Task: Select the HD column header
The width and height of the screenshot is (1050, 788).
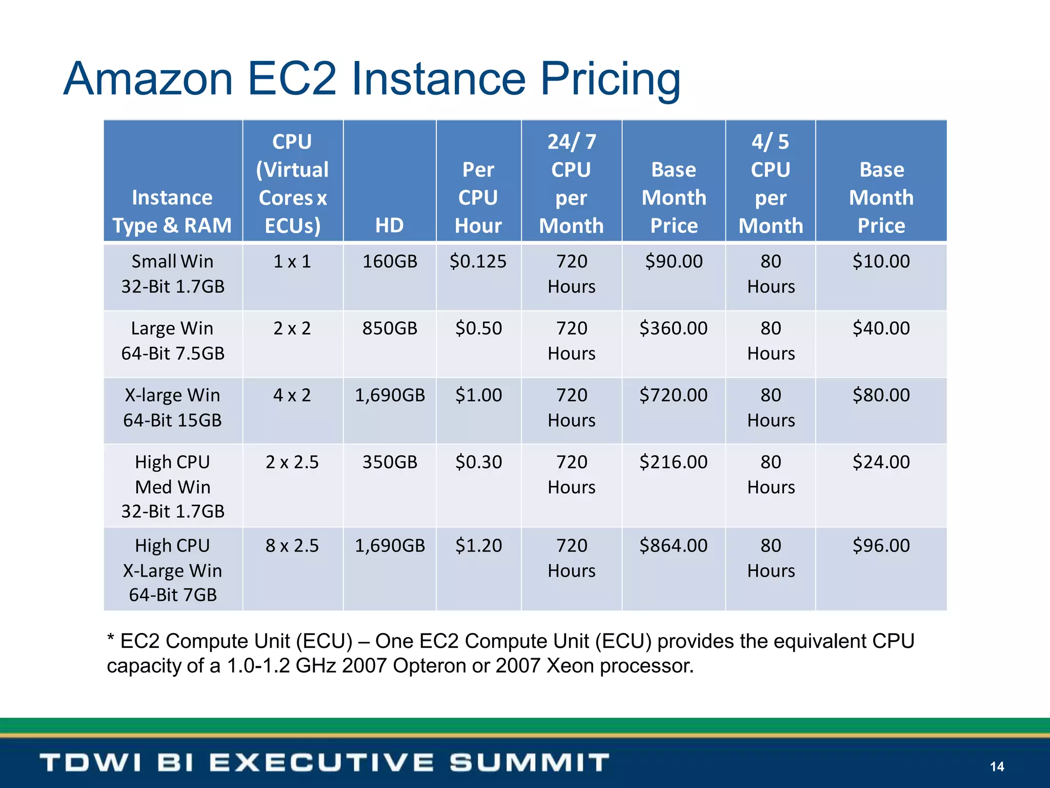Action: tap(389, 225)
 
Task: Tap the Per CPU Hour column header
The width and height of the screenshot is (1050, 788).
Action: tap(478, 198)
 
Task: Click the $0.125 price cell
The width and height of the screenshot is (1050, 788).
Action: tap(478, 262)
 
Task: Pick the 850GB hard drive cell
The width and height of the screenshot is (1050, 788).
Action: tap(390, 328)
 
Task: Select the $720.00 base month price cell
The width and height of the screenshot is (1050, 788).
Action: tap(673, 395)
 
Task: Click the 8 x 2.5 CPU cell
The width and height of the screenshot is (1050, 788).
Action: tap(292, 545)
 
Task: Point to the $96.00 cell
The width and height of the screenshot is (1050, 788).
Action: tap(881, 545)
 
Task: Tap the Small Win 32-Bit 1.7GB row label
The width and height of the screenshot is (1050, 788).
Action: tap(173, 274)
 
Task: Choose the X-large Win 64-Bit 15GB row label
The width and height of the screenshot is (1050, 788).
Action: tap(173, 408)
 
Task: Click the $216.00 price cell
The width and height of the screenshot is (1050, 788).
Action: tap(673, 462)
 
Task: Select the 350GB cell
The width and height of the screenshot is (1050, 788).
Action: tap(390, 462)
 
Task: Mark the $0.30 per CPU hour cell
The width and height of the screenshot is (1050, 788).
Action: tap(478, 462)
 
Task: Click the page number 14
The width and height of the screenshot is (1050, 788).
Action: tap(997, 766)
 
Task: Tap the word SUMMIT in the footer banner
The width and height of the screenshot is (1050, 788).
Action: tap(529, 763)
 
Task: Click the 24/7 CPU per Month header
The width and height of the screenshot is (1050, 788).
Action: tap(571, 184)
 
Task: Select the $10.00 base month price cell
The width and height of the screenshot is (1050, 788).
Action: tap(881, 262)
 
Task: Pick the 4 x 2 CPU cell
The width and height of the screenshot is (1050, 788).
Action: tap(292, 395)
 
